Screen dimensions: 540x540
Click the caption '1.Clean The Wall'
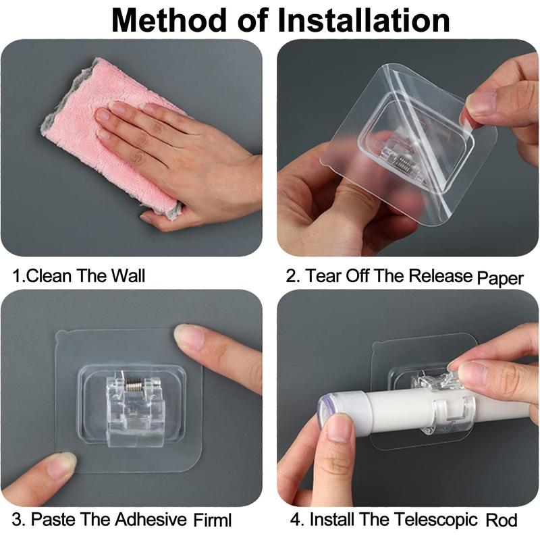(x=79, y=275)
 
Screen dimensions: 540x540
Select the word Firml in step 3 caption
(x=211, y=520)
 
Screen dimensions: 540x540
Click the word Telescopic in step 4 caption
(x=437, y=520)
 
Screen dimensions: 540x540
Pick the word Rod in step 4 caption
(x=504, y=520)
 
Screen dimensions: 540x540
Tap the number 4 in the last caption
(x=294, y=520)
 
